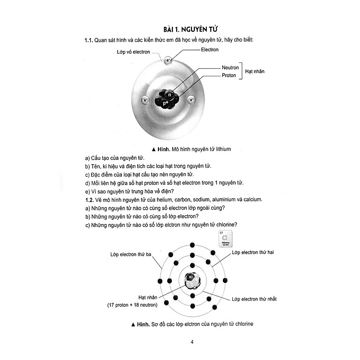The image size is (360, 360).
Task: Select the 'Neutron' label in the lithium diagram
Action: pyautogui.click(x=230, y=68)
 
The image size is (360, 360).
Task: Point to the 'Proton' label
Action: pyautogui.click(x=228, y=75)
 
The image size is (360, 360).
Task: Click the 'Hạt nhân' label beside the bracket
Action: pyautogui.click(x=254, y=72)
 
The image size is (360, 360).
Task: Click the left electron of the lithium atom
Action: pyautogui.click(x=145, y=100)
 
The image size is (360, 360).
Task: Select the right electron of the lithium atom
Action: pyautogui.click(x=191, y=100)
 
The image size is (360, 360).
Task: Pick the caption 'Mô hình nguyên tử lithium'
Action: pyautogui.click(x=191, y=149)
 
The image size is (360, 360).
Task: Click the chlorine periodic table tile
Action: pyautogui.click(x=226, y=239)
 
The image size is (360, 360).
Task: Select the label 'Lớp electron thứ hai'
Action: pyautogui.click(x=252, y=252)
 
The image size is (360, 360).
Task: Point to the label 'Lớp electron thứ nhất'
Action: pyautogui.click(x=254, y=299)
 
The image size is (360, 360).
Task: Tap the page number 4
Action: pyautogui.click(x=192, y=342)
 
